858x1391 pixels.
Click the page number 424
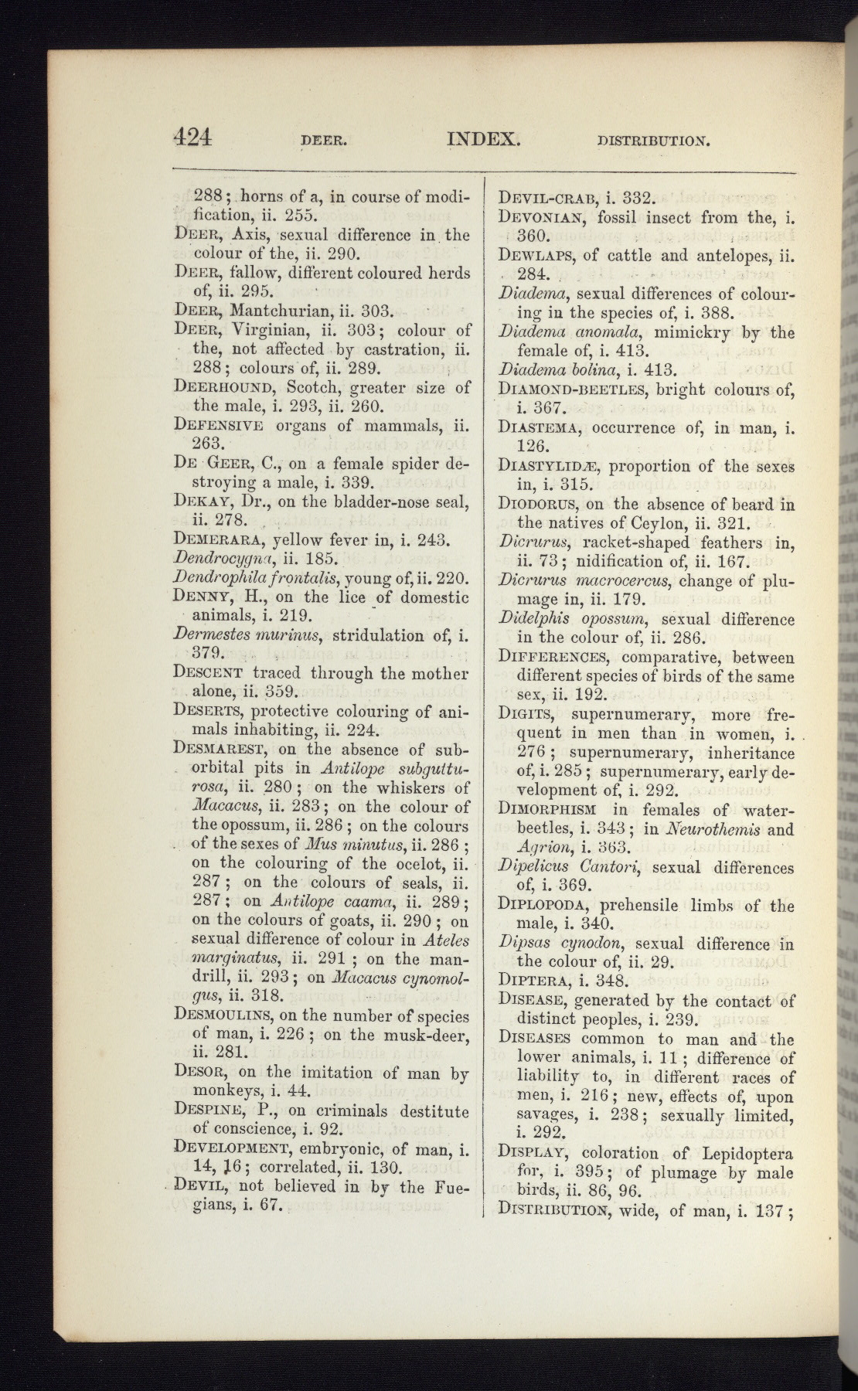point(192,137)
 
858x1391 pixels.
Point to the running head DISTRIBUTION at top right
point(652,142)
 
